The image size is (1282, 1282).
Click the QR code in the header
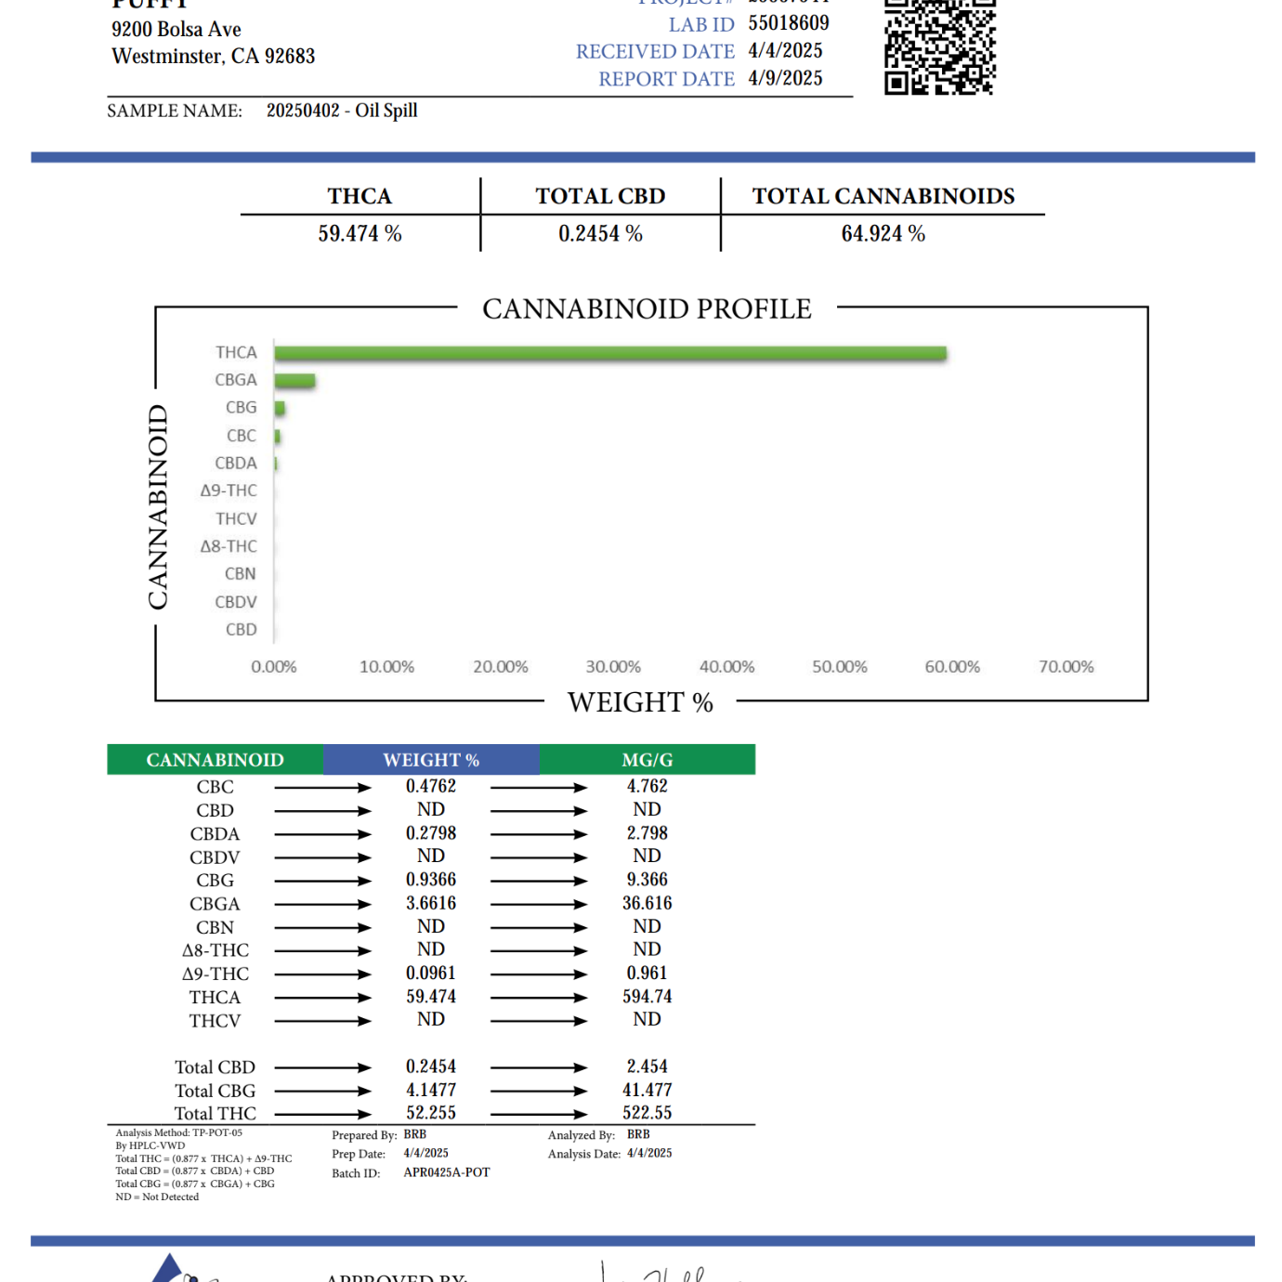click(939, 46)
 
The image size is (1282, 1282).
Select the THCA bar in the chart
click(610, 353)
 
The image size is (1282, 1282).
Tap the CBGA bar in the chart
click(295, 381)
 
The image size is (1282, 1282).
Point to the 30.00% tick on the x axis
click(613, 667)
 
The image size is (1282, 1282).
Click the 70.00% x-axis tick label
click(1066, 667)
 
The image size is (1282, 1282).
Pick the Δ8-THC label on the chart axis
click(229, 546)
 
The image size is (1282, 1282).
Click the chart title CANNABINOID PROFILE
click(647, 309)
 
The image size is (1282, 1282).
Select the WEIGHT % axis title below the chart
click(640, 702)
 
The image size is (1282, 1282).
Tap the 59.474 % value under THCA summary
click(360, 234)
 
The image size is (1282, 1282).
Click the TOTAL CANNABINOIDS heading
click(883, 197)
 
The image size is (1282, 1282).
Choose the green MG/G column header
click(648, 760)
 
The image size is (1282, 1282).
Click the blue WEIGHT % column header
click(431, 760)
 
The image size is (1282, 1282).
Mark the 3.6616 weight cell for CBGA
click(431, 903)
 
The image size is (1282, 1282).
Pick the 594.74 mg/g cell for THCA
click(648, 997)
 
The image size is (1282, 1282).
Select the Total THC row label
click(215, 1114)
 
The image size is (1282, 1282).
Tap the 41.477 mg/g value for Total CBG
click(648, 1090)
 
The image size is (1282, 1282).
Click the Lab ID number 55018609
click(789, 23)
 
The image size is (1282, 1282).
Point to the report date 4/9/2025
click(785, 79)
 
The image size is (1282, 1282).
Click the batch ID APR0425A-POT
click(447, 1172)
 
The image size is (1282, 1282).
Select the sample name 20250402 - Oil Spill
click(342, 111)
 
